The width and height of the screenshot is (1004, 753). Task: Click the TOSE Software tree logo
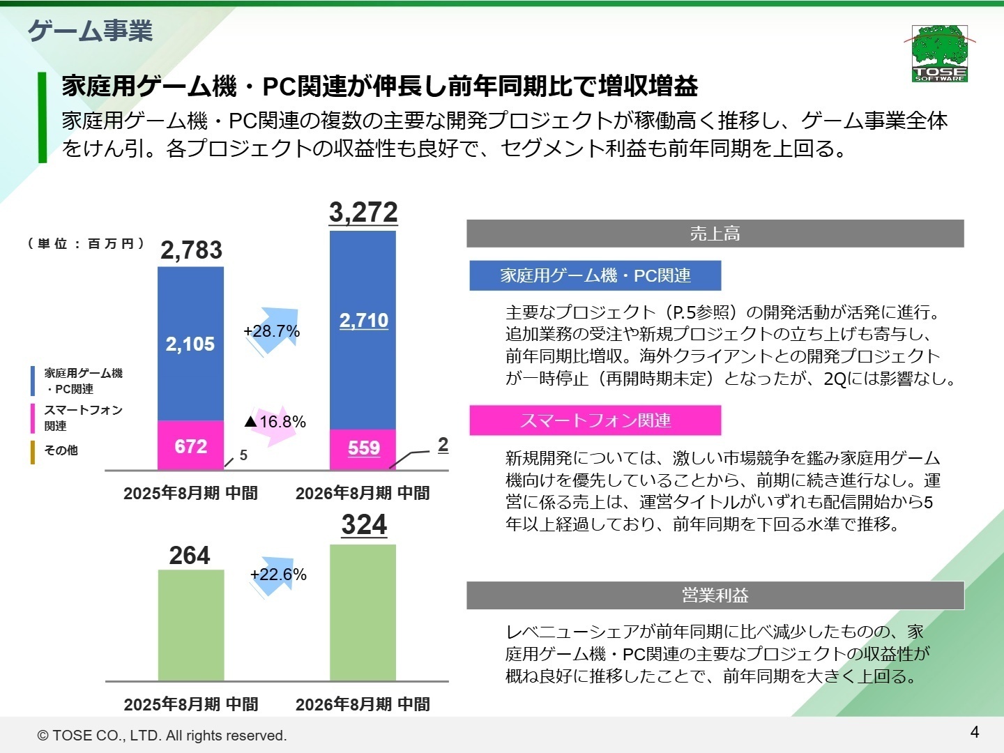click(939, 53)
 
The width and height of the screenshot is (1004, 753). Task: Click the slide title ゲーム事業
click(90, 31)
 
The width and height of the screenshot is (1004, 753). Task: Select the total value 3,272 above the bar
click(363, 212)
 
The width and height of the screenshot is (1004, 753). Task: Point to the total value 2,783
click(191, 250)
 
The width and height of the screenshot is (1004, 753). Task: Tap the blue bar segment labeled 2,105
click(190, 344)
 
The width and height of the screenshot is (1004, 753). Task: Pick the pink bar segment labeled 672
click(190, 446)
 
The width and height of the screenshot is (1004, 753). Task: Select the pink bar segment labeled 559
click(363, 448)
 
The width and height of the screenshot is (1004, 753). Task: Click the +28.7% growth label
click(272, 331)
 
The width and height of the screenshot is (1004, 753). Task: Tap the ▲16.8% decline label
click(275, 422)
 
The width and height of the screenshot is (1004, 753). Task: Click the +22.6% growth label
click(278, 575)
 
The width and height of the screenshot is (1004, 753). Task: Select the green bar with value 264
click(191, 625)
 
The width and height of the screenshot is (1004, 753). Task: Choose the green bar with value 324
click(363, 612)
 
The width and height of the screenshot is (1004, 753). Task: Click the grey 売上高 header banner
click(715, 234)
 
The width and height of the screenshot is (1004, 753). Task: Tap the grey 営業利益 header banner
click(715, 595)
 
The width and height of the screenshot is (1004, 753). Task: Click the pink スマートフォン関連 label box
click(595, 420)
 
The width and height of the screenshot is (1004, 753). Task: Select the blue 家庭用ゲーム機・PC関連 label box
click(595, 275)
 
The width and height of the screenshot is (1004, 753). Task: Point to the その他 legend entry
click(61, 450)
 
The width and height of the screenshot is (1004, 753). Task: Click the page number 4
click(974, 732)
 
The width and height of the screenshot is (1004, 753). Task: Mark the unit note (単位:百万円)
click(86, 243)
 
